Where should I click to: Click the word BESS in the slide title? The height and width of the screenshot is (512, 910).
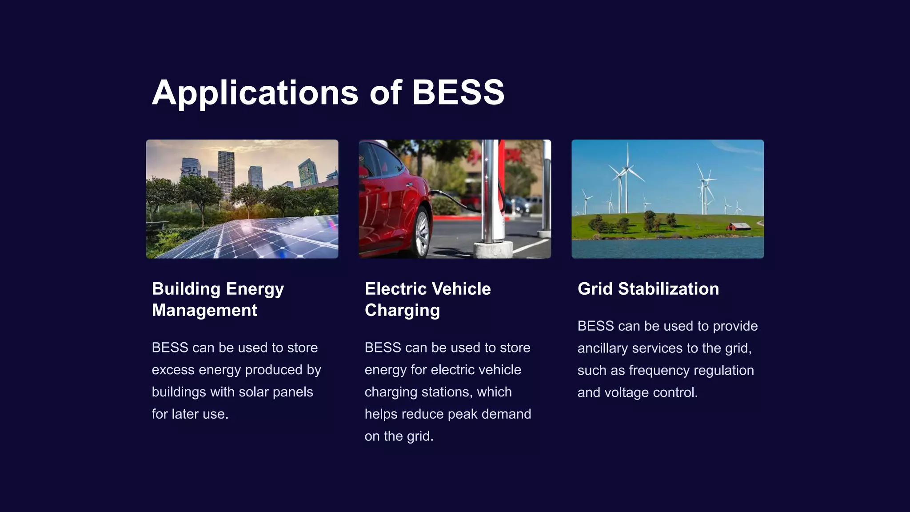click(x=458, y=92)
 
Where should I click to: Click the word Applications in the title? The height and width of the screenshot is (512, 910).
click(x=255, y=93)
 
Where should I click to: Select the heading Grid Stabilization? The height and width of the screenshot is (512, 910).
click(x=648, y=289)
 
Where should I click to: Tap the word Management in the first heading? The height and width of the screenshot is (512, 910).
click(x=204, y=310)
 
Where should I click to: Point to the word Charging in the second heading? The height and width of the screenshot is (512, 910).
click(x=402, y=310)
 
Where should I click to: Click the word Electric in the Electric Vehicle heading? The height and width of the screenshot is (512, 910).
click(x=395, y=289)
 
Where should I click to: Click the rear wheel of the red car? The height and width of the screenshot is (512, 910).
click(x=421, y=233)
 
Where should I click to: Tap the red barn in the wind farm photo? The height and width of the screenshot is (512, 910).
click(x=738, y=227)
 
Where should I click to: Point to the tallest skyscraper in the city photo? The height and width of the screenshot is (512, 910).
click(x=226, y=171)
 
